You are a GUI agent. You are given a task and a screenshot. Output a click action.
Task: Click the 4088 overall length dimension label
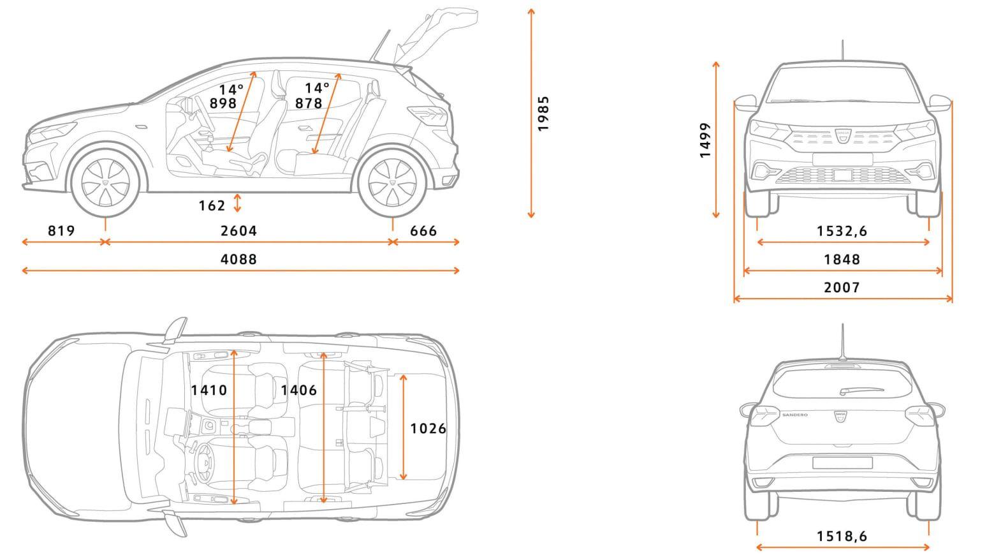point(238,259)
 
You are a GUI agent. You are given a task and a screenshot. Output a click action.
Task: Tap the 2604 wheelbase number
point(238,231)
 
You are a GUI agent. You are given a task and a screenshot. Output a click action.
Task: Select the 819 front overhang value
point(61,231)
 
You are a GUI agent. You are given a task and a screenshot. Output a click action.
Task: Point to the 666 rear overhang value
point(423,231)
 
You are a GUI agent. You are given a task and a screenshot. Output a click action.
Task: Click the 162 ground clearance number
point(212,206)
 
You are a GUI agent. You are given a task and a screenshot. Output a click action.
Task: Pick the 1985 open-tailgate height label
point(543,114)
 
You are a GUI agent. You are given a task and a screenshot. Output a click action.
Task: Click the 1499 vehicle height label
point(705,140)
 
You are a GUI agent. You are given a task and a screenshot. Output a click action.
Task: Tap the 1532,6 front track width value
point(842,231)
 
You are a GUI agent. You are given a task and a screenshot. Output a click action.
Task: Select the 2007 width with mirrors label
point(842,288)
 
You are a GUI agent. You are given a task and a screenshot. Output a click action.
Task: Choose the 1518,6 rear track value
point(842,536)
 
